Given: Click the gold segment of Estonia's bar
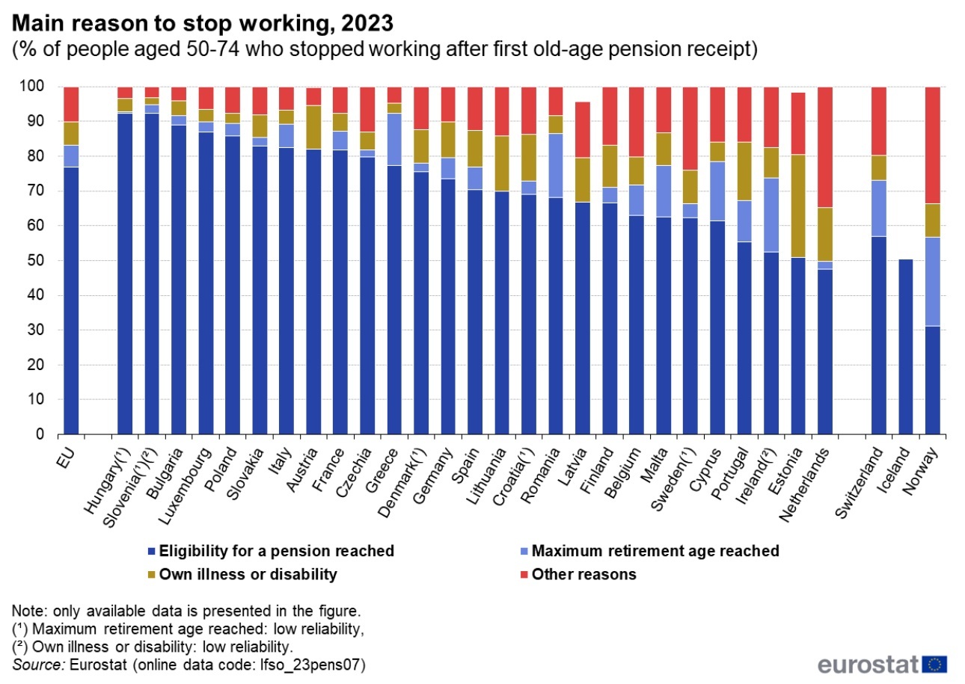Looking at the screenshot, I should [797, 206].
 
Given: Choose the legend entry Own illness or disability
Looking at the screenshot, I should [247, 574].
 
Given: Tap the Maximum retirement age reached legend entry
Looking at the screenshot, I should [655, 552].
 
